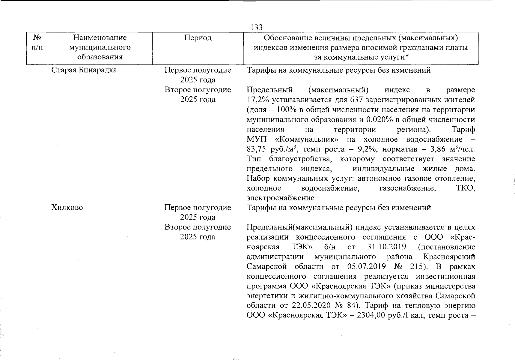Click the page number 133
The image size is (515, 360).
click(256, 28)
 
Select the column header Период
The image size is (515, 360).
click(198, 38)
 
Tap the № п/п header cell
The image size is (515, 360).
click(37, 43)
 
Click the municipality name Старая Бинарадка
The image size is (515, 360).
click(84, 70)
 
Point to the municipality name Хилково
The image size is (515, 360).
click(67, 208)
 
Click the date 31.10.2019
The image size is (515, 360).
click(386, 247)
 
